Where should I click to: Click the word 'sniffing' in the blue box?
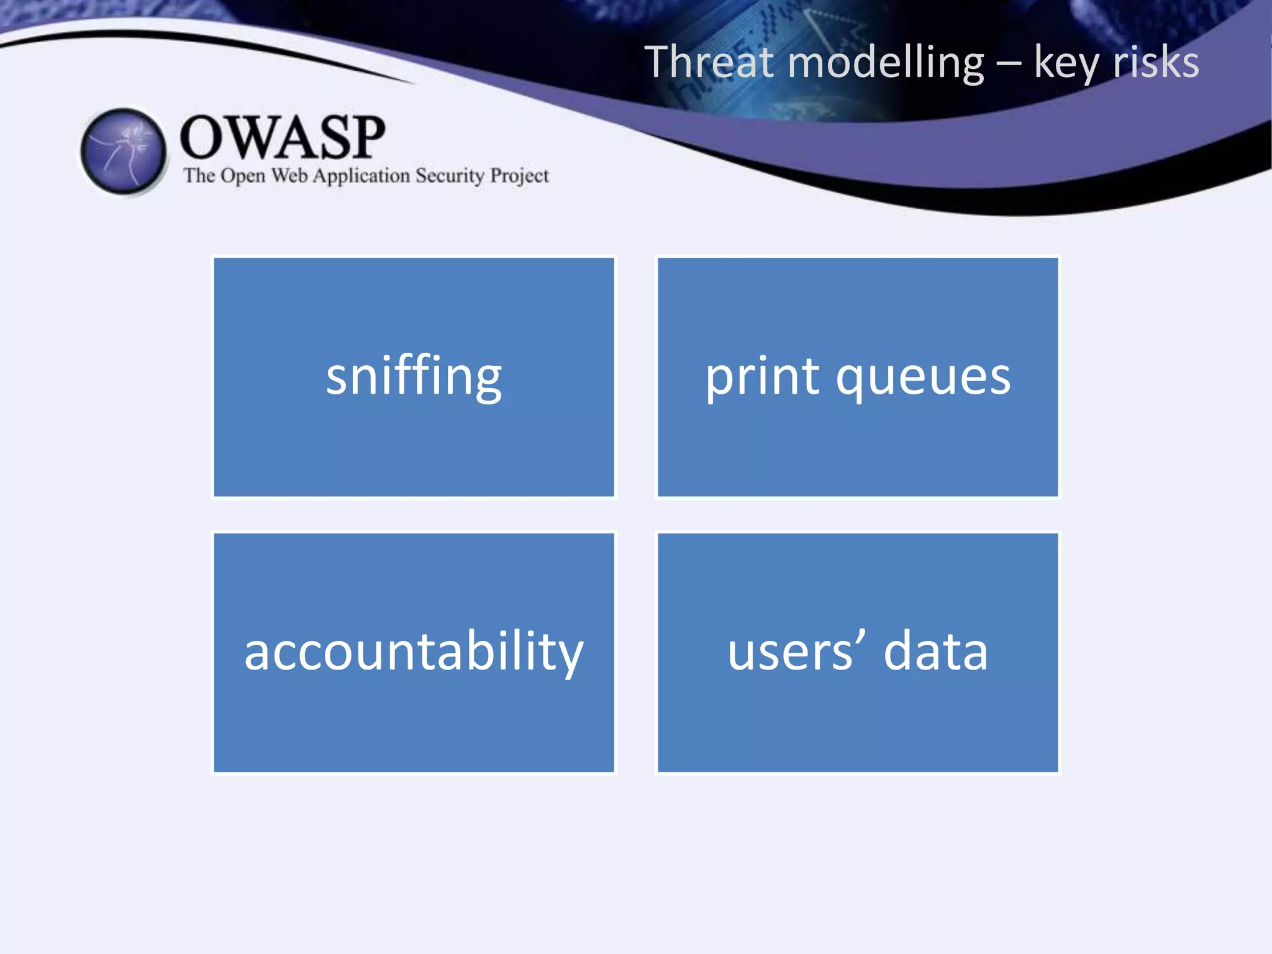coord(414,377)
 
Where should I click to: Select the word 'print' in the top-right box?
coord(763,377)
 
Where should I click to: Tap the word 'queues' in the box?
coord(923,377)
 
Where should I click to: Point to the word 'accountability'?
coord(414,652)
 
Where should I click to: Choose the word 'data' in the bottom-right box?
coord(935,652)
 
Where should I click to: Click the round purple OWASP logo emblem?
coord(124,151)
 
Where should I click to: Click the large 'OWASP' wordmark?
coord(283,137)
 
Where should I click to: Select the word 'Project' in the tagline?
coord(519,176)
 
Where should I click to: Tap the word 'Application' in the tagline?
coord(361,176)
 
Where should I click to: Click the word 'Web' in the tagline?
coord(289,176)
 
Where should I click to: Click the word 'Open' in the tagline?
coord(243,176)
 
